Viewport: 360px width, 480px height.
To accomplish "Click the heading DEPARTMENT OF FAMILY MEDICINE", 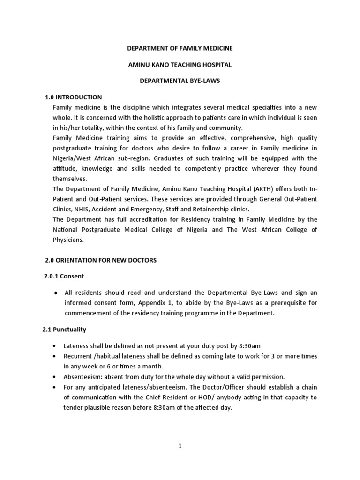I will [180, 48].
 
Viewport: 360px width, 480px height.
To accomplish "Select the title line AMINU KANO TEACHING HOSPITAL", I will [180, 64].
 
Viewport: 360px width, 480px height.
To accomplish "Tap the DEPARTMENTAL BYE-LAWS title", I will [180, 81].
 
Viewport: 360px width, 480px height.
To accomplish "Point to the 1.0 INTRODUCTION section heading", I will [73, 97].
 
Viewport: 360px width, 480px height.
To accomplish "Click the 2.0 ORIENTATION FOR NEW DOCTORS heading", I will [100, 260].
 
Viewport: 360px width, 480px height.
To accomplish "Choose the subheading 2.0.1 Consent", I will [64, 276].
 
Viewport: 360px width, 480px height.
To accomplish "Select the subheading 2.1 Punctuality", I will [64, 329].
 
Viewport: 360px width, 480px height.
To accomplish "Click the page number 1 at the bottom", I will [180, 446].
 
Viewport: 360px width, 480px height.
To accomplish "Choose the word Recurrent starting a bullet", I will [79, 356].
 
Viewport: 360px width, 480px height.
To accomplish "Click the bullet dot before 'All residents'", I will [56, 292].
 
